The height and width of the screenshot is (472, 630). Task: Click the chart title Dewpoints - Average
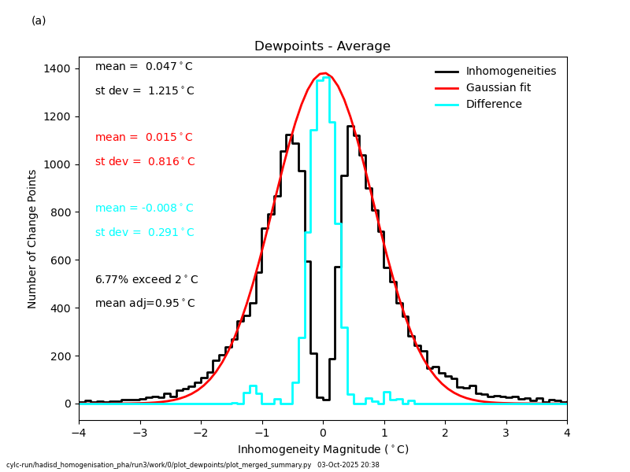(x=322, y=46)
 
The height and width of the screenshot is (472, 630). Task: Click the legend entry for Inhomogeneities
(x=510, y=72)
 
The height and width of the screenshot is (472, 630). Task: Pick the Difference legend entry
(x=494, y=105)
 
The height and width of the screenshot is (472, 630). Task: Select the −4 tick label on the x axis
(x=78, y=433)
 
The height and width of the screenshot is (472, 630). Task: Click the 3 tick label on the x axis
(x=506, y=433)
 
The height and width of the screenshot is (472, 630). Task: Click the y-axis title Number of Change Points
(x=33, y=238)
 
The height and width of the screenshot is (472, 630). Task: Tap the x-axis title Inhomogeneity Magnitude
(x=323, y=450)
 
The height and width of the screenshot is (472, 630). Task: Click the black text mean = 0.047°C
(x=144, y=67)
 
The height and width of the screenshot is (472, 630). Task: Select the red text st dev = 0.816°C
(x=145, y=162)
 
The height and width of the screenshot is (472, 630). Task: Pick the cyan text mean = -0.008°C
(x=144, y=208)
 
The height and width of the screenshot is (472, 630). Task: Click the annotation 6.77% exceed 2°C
(x=146, y=280)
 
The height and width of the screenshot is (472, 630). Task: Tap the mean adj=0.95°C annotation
(x=145, y=304)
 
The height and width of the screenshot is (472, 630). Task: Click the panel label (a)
(x=39, y=21)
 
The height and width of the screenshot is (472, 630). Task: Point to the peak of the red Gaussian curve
(x=323, y=73)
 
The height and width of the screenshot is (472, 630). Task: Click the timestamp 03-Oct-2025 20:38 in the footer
(x=348, y=465)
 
